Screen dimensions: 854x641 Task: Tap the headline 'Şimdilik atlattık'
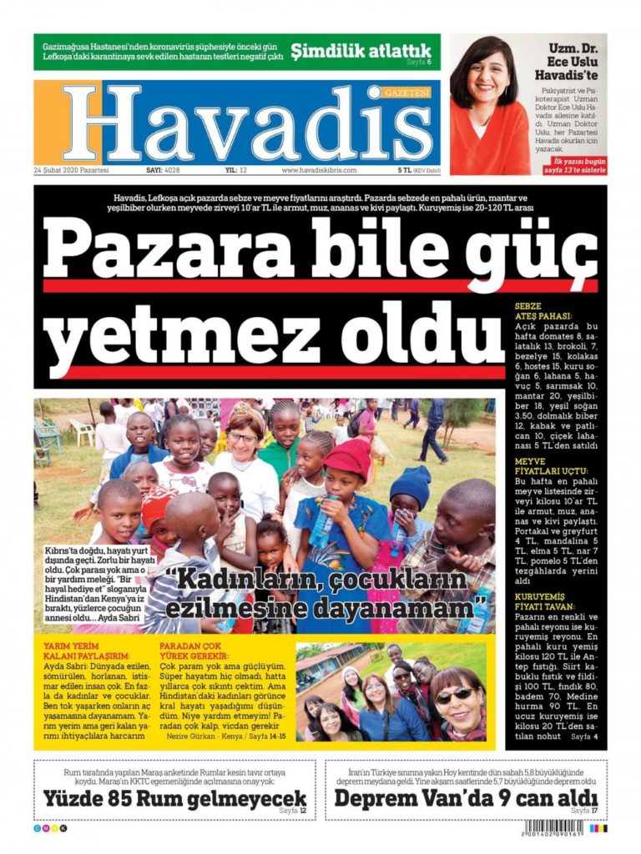click(361, 50)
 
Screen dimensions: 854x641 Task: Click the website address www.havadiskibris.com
click(319, 169)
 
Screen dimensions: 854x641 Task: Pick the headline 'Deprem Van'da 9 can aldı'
click(467, 798)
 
